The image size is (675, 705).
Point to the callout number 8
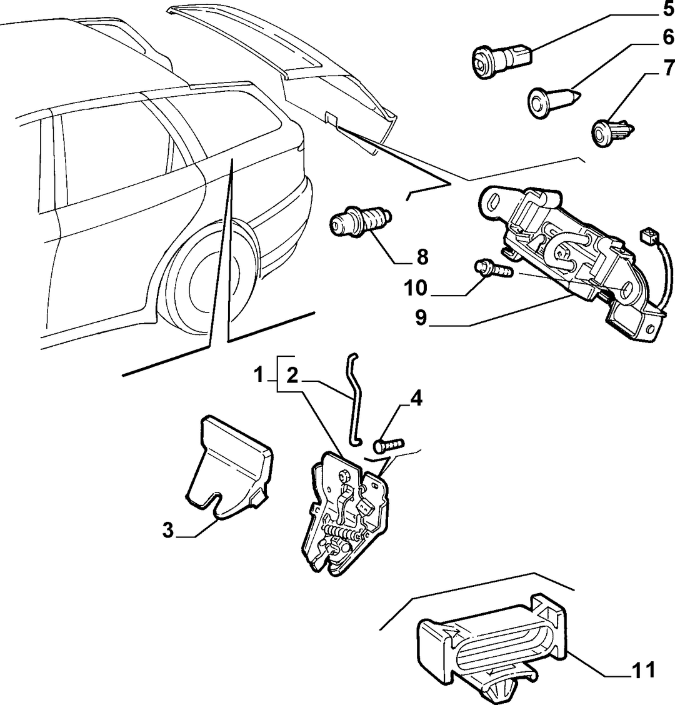pyautogui.click(x=422, y=257)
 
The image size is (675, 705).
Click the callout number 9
pyautogui.click(x=421, y=318)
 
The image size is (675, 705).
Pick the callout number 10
pyautogui.click(x=415, y=288)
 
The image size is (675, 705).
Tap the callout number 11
pyautogui.click(x=644, y=670)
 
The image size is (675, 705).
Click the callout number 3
pyautogui.click(x=167, y=530)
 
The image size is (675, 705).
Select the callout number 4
pyautogui.click(x=416, y=398)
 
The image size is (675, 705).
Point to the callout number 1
pyautogui.click(x=259, y=374)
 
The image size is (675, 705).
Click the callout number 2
pyautogui.click(x=292, y=375)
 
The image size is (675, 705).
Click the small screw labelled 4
pyautogui.click(x=389, y=444)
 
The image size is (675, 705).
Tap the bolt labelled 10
pyautogui.click(x=493, y=269)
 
